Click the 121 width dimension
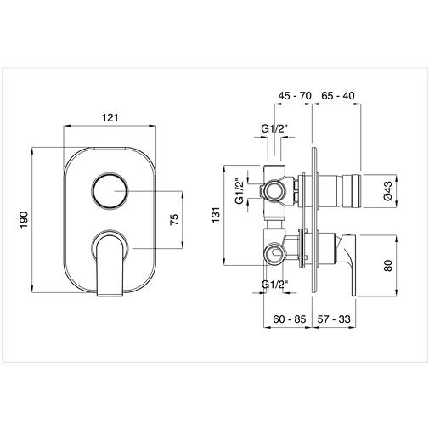(x=110, y=118)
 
